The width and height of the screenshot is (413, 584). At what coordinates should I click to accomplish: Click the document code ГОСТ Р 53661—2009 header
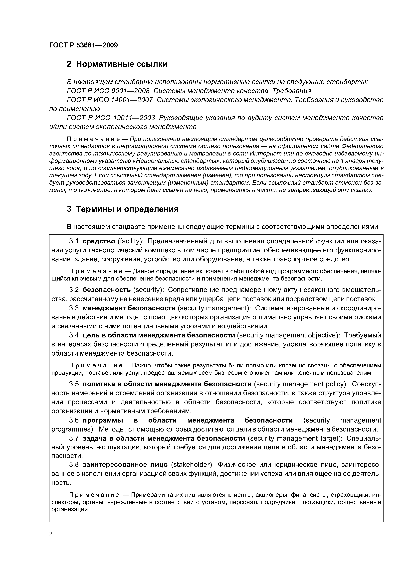click(83, 45)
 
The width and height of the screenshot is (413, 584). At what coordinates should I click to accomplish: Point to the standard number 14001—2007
click(132, 100)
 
